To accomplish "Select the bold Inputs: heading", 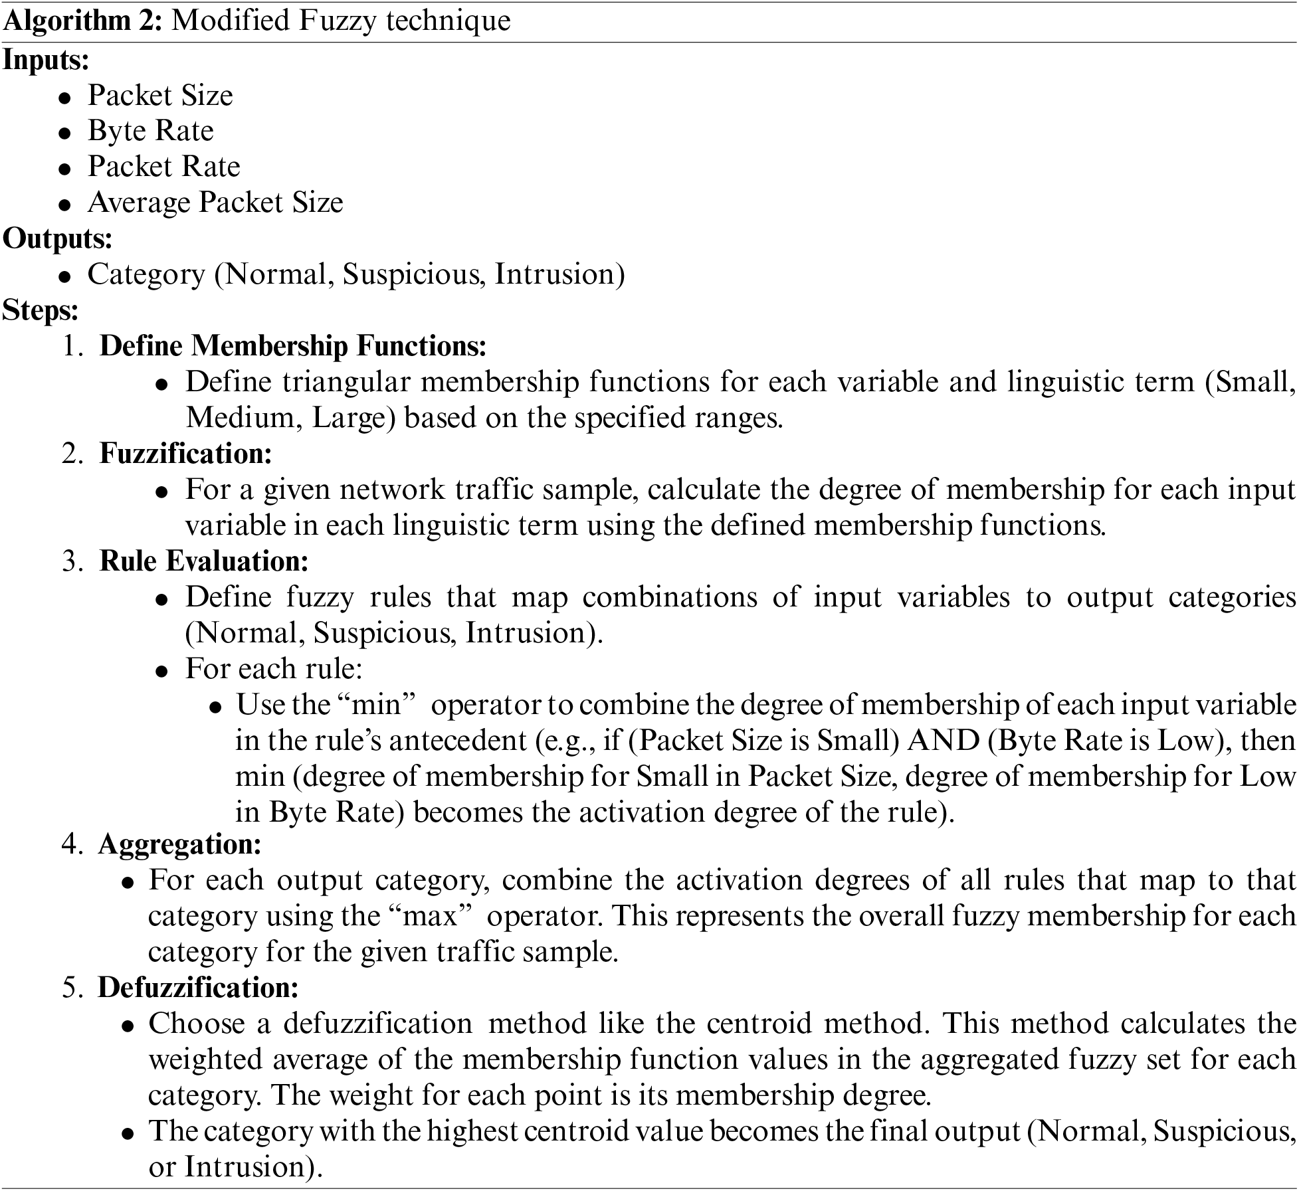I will [46, 60].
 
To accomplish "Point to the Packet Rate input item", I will [163, 166].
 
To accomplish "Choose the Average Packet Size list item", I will [215, 202].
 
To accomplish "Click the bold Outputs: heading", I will [57, 238].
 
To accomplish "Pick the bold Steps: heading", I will [41, 310].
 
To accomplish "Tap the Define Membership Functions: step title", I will [293, 346].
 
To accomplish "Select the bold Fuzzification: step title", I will [186, 454].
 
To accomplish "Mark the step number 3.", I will [70, 562].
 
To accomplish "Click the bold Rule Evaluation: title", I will [204, 562].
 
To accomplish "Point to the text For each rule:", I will [274, 669].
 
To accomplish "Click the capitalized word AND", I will [944, 741].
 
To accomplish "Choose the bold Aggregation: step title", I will [179, 844].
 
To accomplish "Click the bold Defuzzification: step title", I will [198, 988].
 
